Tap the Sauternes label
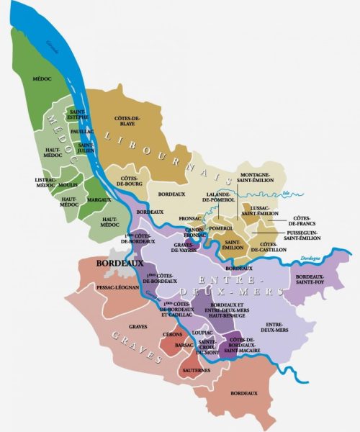(196, 370)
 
